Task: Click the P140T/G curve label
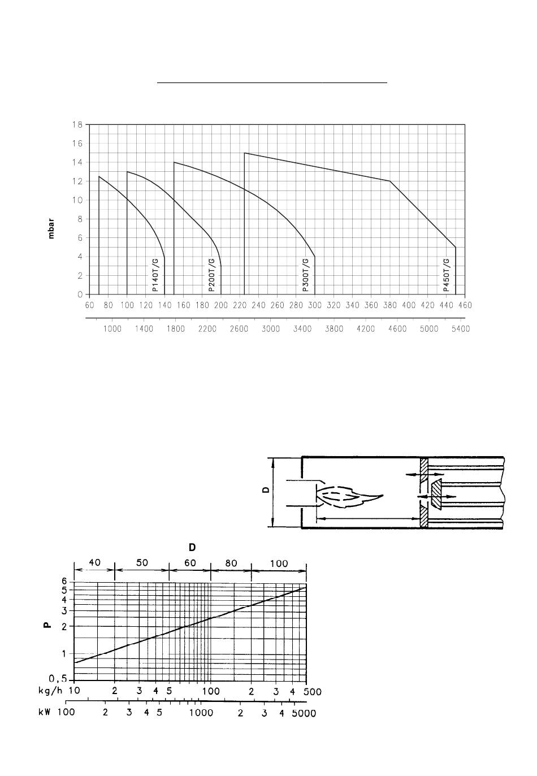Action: click(x=155, y=275)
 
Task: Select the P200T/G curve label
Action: click(x=211, y=275)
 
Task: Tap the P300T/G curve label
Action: click(x=306, y=275)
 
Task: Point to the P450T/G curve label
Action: click(x=446, y=275)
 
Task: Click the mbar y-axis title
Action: click(x=51, y=228)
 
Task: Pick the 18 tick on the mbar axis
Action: click(x=77, y=125)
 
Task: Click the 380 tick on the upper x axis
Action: click(x=390, y=305)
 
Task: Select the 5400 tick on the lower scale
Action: click(x=461, y=329)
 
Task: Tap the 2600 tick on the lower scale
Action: click(x=239, y=329)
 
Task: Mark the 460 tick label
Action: click(x=465, y=305)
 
